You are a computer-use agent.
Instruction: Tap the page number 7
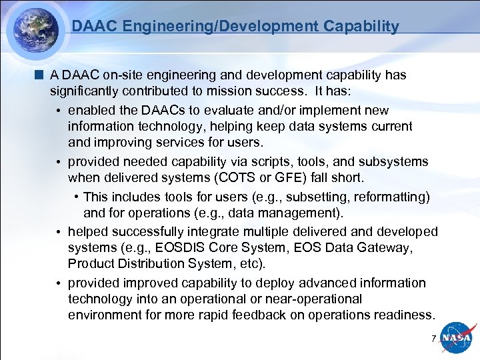click(x=433, y=339)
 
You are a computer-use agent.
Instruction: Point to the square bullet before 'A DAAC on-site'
click(x=42, y=75)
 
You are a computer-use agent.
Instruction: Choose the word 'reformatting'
click(x=388, y=197)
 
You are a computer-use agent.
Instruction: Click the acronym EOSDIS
click(x=183, y=248)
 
